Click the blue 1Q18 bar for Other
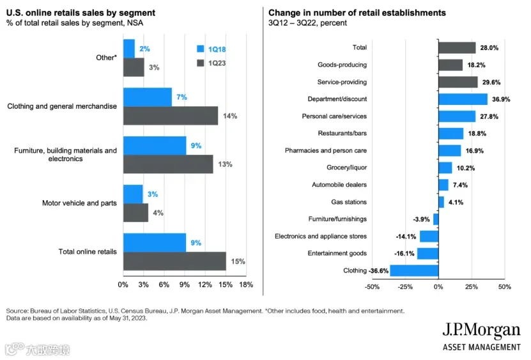(129, 49)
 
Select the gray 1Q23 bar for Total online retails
(174, 261)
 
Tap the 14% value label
(230, 116)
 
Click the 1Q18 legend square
(201, 49)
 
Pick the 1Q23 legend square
(201, 63)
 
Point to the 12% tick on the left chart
(205, 285)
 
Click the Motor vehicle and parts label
(79, 203)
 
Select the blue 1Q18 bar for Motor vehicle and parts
(133, 194)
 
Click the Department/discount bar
(463, 99)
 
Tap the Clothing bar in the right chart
(414, 270)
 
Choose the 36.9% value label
(501, 99)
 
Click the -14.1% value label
(406, 237)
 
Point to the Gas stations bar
(442, 202)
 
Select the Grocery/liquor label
(346, 168)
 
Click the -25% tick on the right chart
(405, 286)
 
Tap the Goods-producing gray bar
(450, 65)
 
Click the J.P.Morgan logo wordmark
(481, 331)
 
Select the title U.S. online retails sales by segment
(81, 13)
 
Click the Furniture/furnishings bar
(436, 219)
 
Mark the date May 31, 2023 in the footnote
(128, 318)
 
